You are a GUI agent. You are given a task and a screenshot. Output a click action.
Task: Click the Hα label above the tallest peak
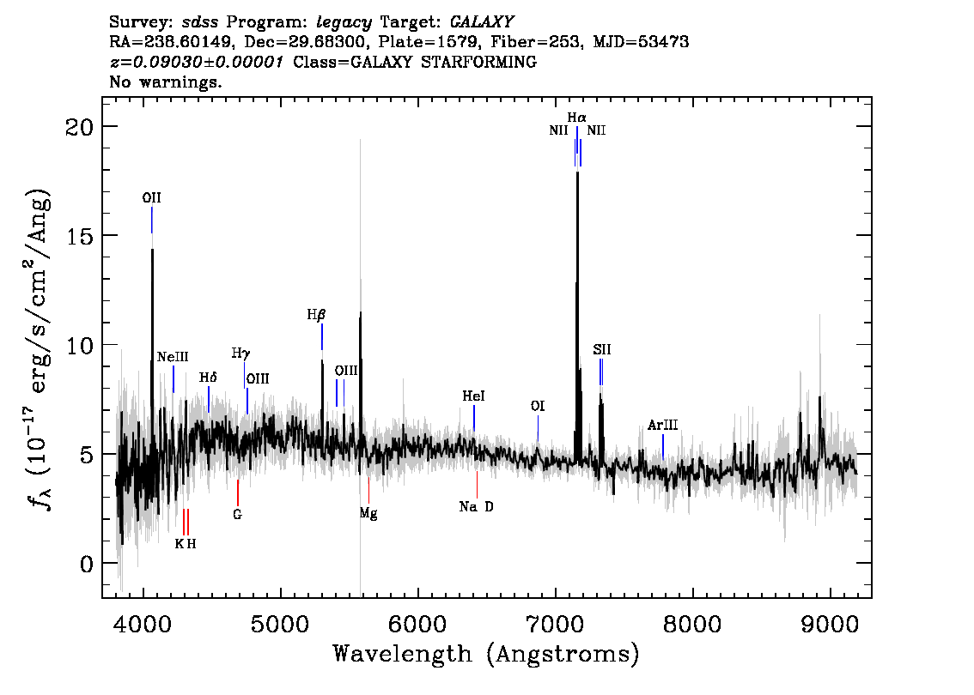point(576,118)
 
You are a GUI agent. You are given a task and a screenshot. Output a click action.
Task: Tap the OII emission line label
point(151,198)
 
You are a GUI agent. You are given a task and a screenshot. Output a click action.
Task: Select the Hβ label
point(316,315)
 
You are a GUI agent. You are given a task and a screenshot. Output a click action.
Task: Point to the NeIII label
point(173,357)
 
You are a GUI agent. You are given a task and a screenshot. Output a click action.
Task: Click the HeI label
point(473,396)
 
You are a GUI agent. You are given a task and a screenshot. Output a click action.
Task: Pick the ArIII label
point(662,425)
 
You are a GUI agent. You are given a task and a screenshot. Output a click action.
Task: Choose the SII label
point(601,350)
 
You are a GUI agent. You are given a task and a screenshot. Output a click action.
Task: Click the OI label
point(538,407)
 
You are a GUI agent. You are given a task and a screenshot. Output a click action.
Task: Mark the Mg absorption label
point(368,514)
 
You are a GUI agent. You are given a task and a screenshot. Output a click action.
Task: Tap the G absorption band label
point(237,515)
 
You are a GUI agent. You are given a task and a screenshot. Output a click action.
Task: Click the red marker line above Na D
point(477,485)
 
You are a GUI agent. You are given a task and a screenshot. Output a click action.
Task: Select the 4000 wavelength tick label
point(143,625)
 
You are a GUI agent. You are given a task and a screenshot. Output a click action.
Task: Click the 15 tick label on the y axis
point(79,236)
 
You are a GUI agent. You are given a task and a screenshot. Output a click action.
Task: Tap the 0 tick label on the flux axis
point(86,564)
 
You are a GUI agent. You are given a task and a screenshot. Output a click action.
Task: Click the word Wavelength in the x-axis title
point(403,654)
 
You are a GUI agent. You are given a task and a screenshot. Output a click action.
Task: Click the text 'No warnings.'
point(165,82)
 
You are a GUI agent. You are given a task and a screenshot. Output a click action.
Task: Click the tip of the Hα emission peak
point(578,172)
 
